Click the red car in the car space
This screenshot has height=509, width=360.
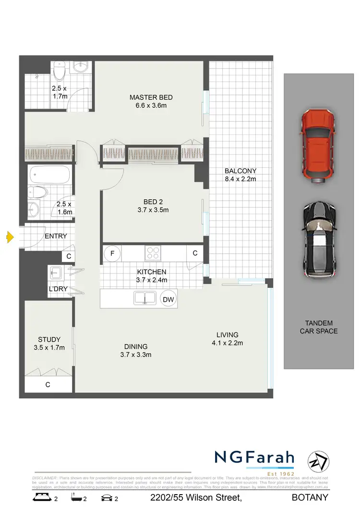coord(317,146)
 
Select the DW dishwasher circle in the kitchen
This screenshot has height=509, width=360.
coord(168,299)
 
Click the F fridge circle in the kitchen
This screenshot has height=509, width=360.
coord(112,253)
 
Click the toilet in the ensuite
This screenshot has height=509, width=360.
coord(59,72)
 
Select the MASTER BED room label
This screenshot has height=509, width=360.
coord(151,97)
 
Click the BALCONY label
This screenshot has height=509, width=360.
coord(240,171)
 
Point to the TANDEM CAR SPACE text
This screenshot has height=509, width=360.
coord(319,327)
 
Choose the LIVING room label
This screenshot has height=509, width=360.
coord(227,335)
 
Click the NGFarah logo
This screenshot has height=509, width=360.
coord(254,458)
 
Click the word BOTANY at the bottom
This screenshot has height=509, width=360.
coord(310,497)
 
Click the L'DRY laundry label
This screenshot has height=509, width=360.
coord(58,289)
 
